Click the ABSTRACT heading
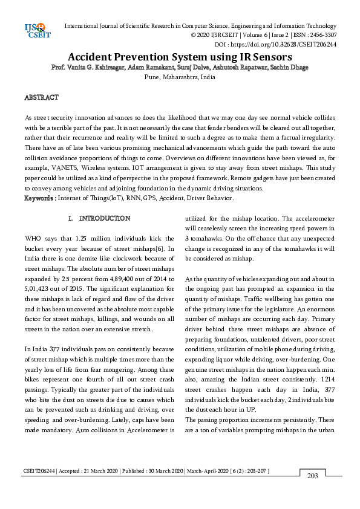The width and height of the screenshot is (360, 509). (41, 97)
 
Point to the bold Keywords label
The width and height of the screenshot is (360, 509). (39, 198)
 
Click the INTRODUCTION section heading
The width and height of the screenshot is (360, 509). (104, 218)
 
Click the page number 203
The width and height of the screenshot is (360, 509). (313, 476)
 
